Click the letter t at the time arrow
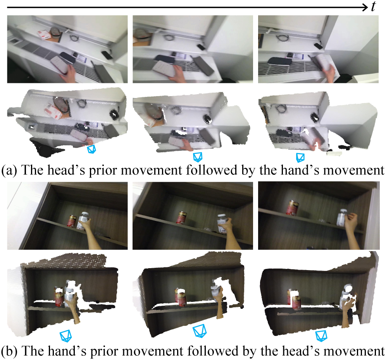(374, 7)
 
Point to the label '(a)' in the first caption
(9, 170)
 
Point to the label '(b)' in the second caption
(10, 351)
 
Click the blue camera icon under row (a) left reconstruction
(91, 149)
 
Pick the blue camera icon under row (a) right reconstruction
(300, 157)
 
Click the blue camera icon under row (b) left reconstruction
(66, 336)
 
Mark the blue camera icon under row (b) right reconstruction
(321, 336)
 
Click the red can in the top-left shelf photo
(72, 221)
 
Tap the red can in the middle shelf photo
(182, 217)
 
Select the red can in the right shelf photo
(293, 208)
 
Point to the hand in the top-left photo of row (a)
(68, 74)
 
